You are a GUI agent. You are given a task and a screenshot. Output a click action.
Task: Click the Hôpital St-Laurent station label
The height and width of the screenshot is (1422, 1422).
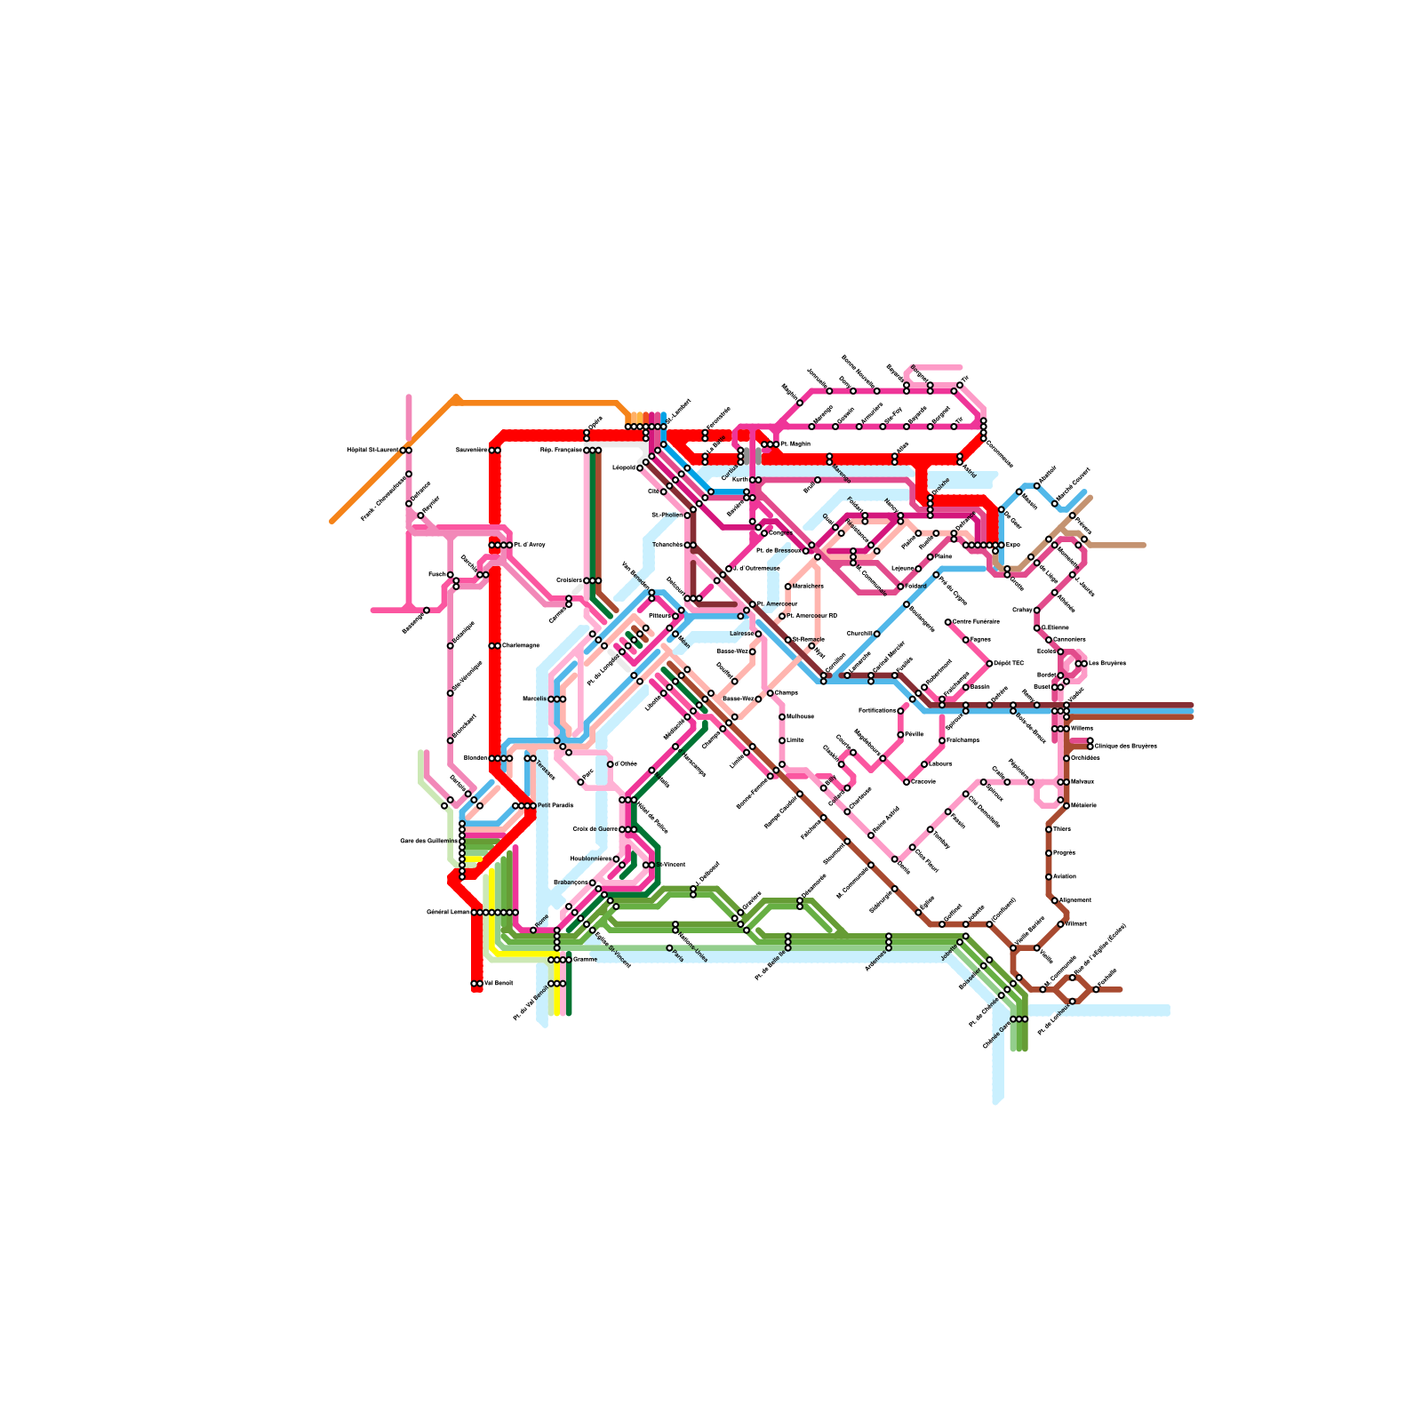point(372,450)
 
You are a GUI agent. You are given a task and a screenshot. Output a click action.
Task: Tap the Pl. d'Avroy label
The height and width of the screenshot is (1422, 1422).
point(530,545)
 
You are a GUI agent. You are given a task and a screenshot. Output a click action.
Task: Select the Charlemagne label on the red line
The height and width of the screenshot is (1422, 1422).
point(521,645)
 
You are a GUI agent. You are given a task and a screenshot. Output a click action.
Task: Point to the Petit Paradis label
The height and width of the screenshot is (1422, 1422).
point(555,805)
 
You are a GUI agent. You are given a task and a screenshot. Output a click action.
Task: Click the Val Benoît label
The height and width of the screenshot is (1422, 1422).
point(499,983)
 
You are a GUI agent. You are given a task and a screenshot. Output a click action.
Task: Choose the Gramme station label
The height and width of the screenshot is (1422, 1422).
point(585,960)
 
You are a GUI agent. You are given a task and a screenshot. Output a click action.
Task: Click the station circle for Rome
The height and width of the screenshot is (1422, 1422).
point(533,930)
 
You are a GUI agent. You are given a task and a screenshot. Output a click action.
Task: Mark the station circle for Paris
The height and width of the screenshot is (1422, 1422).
point(669,947)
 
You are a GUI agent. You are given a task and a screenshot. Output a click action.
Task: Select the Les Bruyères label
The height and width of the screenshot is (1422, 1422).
point(1106,663)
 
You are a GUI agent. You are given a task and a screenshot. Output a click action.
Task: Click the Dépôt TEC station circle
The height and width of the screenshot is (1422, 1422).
point(989,663)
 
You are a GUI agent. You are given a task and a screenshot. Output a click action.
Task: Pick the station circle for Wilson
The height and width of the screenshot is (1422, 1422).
point(1060,923)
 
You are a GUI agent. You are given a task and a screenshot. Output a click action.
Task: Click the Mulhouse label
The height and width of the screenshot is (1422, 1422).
point(800,716)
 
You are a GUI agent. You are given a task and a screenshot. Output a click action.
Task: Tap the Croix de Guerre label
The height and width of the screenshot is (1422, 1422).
point(595,829)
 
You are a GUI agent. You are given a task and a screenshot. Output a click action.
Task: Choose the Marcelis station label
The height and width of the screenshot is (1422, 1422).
point(534,699)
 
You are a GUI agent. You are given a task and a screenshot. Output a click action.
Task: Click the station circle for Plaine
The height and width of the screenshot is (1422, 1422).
point(930,556)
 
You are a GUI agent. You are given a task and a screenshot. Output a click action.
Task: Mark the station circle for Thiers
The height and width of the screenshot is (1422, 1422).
point(1049,829)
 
